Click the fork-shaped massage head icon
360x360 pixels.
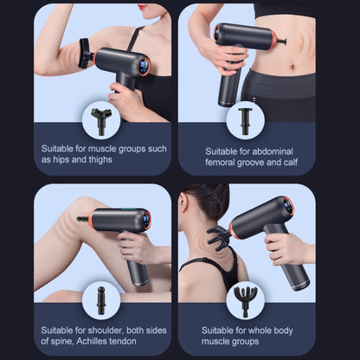point(101,119)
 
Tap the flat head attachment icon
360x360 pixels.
point(245,119)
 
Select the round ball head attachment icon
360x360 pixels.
point(101,299)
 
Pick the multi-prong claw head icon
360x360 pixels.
point(245,299)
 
